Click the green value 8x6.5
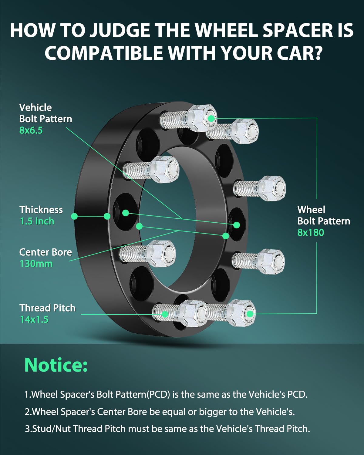tap(31, 130)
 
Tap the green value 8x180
tap(311, 233)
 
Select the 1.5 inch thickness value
tap(37, 221)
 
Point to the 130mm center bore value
tap(36, 264)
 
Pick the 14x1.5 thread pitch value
tap(34, 319)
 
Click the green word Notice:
tap(56, 365)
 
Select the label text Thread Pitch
tap(48, 308)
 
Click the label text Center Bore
tap(45, 252)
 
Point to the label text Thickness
tap(41, 210)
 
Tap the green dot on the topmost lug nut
tap(211, 118)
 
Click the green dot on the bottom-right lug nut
tap(250, 314)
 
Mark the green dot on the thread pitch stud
tap(165, 314)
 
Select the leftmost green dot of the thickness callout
tap(74, 216)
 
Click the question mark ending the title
tap(317, 53)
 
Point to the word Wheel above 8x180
tap(311, 210)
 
